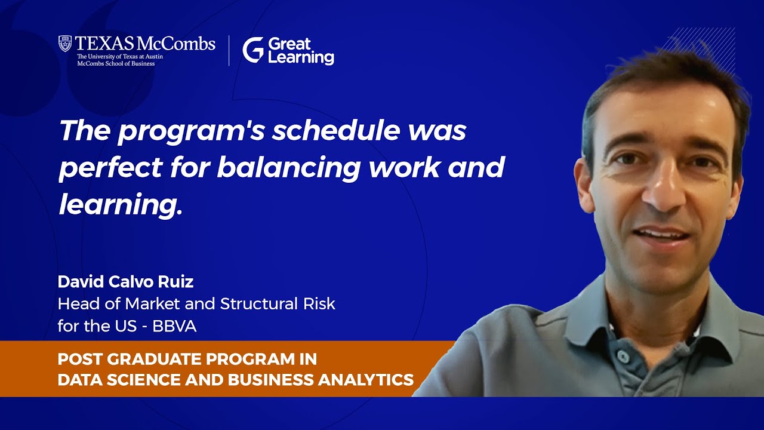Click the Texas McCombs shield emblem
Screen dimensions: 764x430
point(65,44)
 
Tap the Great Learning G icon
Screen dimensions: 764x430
point(252,50)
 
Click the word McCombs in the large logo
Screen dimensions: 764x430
point(175,44)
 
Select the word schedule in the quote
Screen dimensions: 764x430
point(336,131)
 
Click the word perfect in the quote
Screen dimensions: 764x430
point(110,168)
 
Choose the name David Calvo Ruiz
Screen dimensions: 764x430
point(125,282)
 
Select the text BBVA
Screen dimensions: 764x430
point(174,326)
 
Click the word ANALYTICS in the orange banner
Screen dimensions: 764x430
point(366,380)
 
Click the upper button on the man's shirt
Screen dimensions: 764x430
point(623,357)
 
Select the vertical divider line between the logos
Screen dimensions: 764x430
point(229,50)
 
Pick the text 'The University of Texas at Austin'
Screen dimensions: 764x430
point(120,57)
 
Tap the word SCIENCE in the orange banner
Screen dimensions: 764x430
point(145,380)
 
